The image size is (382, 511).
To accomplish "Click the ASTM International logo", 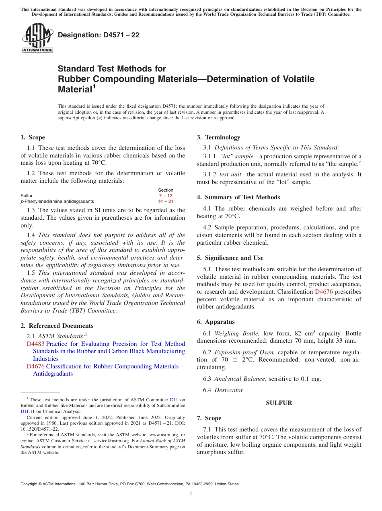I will tap(37, 38).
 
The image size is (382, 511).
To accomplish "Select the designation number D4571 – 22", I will tap(99, 35).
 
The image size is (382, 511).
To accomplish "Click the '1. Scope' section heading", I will tap(33, 137).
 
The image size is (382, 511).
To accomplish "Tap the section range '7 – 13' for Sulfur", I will tap(165, 196).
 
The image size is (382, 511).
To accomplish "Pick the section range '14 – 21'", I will tap(165, 201).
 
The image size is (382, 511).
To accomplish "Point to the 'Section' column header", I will tap(166, 190).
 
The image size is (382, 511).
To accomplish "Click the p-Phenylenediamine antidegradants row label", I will tap(57, 201).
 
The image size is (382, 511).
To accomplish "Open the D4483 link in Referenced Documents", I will tap(35, 344).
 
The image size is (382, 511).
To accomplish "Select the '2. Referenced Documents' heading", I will tap(57, 326).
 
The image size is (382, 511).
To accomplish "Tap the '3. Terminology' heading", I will tap(218, 137).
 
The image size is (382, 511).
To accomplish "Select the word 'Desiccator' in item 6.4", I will tap(229, 390).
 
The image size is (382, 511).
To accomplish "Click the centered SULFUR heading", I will tap(279, 403).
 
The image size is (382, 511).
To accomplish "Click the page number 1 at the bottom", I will tap(191, 494).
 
